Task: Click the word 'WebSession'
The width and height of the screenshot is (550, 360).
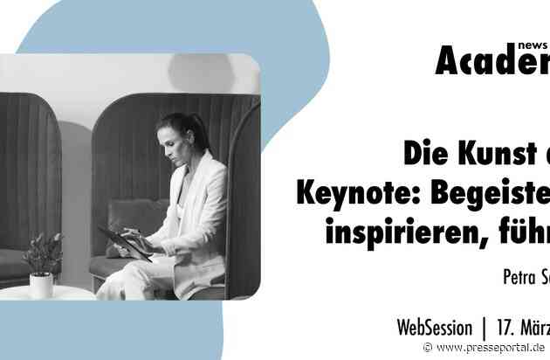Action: pos(434,329)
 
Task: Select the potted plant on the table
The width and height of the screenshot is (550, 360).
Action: pos(42,254)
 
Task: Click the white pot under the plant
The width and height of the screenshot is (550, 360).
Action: pos(41,285)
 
